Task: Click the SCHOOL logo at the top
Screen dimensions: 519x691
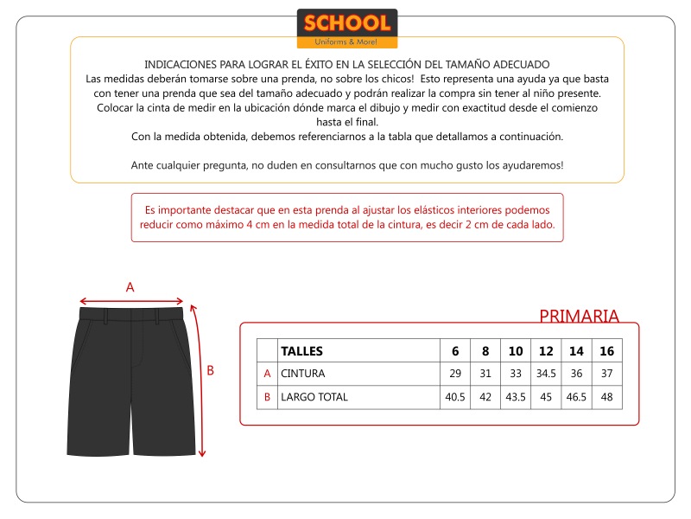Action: (347, 29)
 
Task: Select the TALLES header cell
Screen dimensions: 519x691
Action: (302, 351)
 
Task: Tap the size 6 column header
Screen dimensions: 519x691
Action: (455, 351)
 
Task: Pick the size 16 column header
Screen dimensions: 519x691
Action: (606, 351)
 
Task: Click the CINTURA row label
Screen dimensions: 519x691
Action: (303, 374)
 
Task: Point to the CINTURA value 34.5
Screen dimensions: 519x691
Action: (546, 374)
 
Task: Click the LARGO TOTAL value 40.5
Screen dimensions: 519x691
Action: (455, 397)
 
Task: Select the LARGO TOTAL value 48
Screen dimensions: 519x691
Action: (606, 397)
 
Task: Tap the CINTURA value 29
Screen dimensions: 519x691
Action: (455, 374)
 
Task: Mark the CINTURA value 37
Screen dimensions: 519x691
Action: (606, 374)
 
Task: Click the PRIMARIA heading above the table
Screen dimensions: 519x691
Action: (579, 316)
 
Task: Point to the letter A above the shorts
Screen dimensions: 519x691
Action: (130, 287)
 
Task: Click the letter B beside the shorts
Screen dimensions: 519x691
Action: (210, 370)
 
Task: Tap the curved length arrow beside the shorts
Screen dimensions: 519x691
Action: (200, 381)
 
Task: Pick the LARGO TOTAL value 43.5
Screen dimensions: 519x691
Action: (516, 397)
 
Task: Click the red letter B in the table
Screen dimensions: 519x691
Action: (267, 397)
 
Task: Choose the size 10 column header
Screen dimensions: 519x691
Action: (516, 351)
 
